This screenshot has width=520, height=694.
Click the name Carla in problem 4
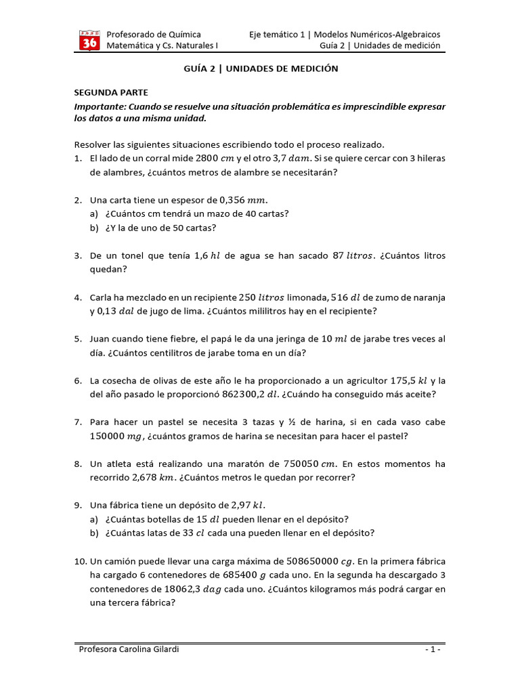(x=102, y=298)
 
